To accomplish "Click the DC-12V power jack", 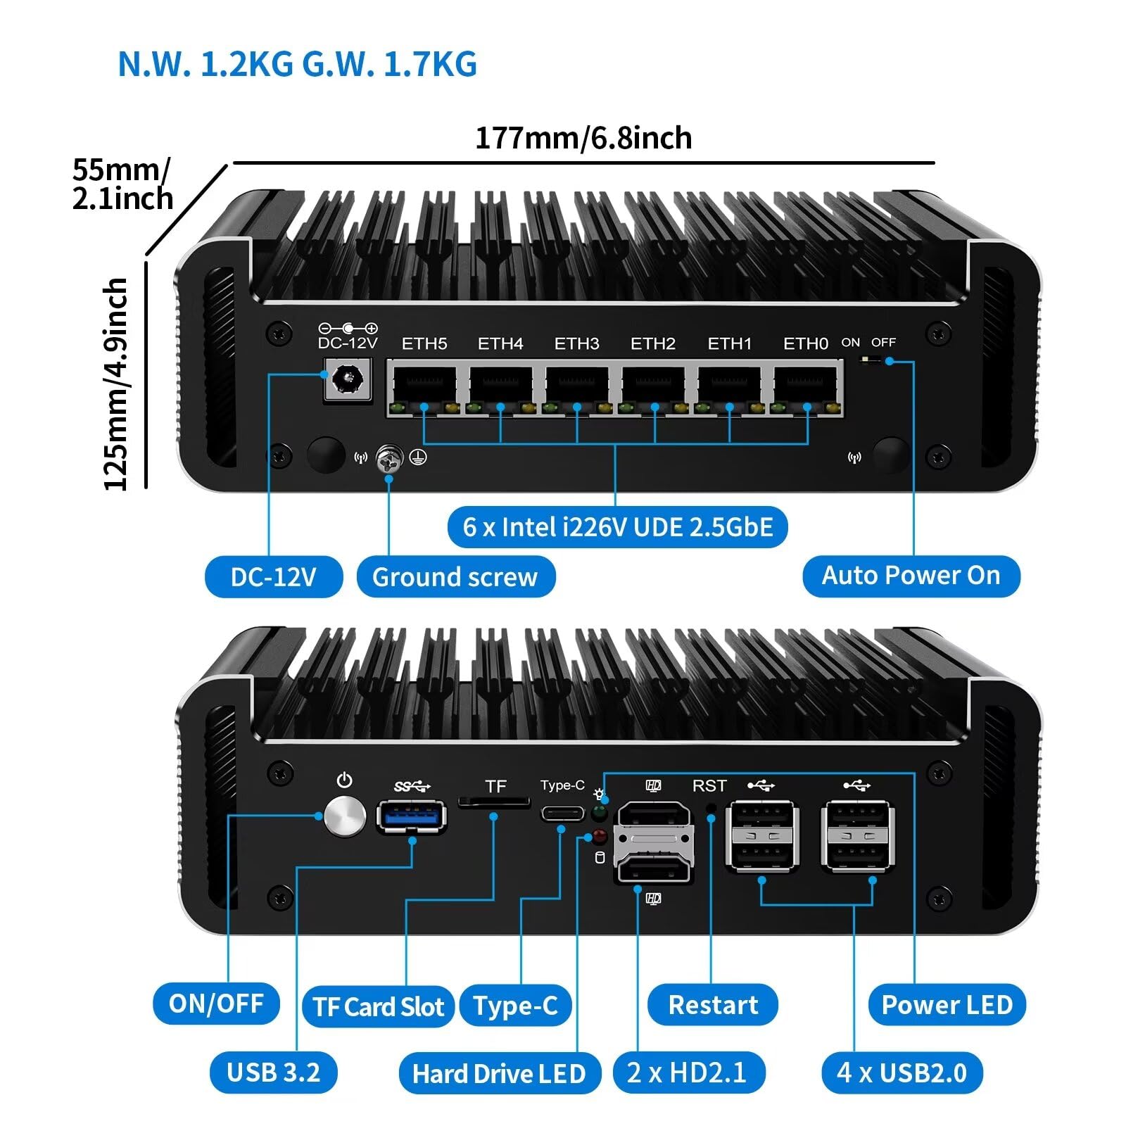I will [x=346, y=381].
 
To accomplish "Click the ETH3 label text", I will [x=576, y=343].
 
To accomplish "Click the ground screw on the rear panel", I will [x=388, y=459].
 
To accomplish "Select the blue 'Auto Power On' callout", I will [x=911, y=576].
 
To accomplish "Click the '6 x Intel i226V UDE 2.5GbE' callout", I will [x=617, y=526].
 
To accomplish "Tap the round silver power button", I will [x=345, y=816].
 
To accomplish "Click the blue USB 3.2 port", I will [x=412, y=816].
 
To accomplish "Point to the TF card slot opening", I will [x=494, y=802].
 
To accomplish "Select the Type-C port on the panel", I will [x=562, y=814].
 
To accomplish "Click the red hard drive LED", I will [x=599, y=837].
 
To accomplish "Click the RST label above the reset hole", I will [x=709, y=786].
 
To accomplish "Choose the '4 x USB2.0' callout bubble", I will [x=902, y=1073].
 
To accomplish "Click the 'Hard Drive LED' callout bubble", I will [x=499, y=1073].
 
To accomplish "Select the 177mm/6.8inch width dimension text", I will [x=583, y=138].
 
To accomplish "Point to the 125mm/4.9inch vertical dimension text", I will [x=116, y=384].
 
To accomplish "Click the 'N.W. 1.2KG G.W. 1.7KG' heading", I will [x=297, y=65].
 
